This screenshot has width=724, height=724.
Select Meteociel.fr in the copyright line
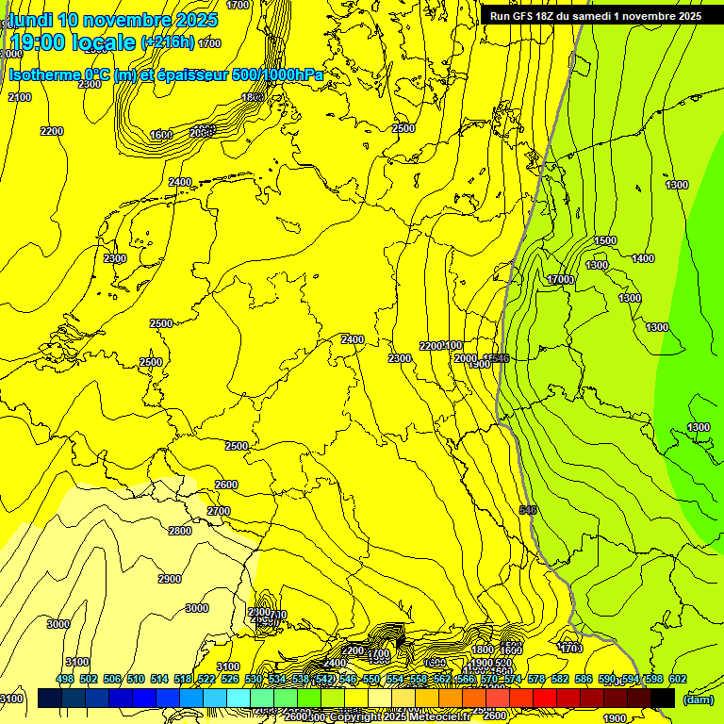(x=437, y=716)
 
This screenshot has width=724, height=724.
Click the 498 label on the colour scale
(x=65, y=679)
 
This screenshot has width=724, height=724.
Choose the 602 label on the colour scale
(x=677, y=679)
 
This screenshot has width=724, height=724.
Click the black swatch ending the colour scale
(x=663, y=698)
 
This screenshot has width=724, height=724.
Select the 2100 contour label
(x=20, y=97)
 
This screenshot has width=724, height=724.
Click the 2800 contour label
(x=180, y=531)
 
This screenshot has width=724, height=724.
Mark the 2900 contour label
(x=170, y=579)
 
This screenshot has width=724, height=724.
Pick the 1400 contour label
(x=643, y=258)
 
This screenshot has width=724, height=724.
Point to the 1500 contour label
(x=605, y=240)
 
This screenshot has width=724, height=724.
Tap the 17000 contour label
(x=561, y=279)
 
